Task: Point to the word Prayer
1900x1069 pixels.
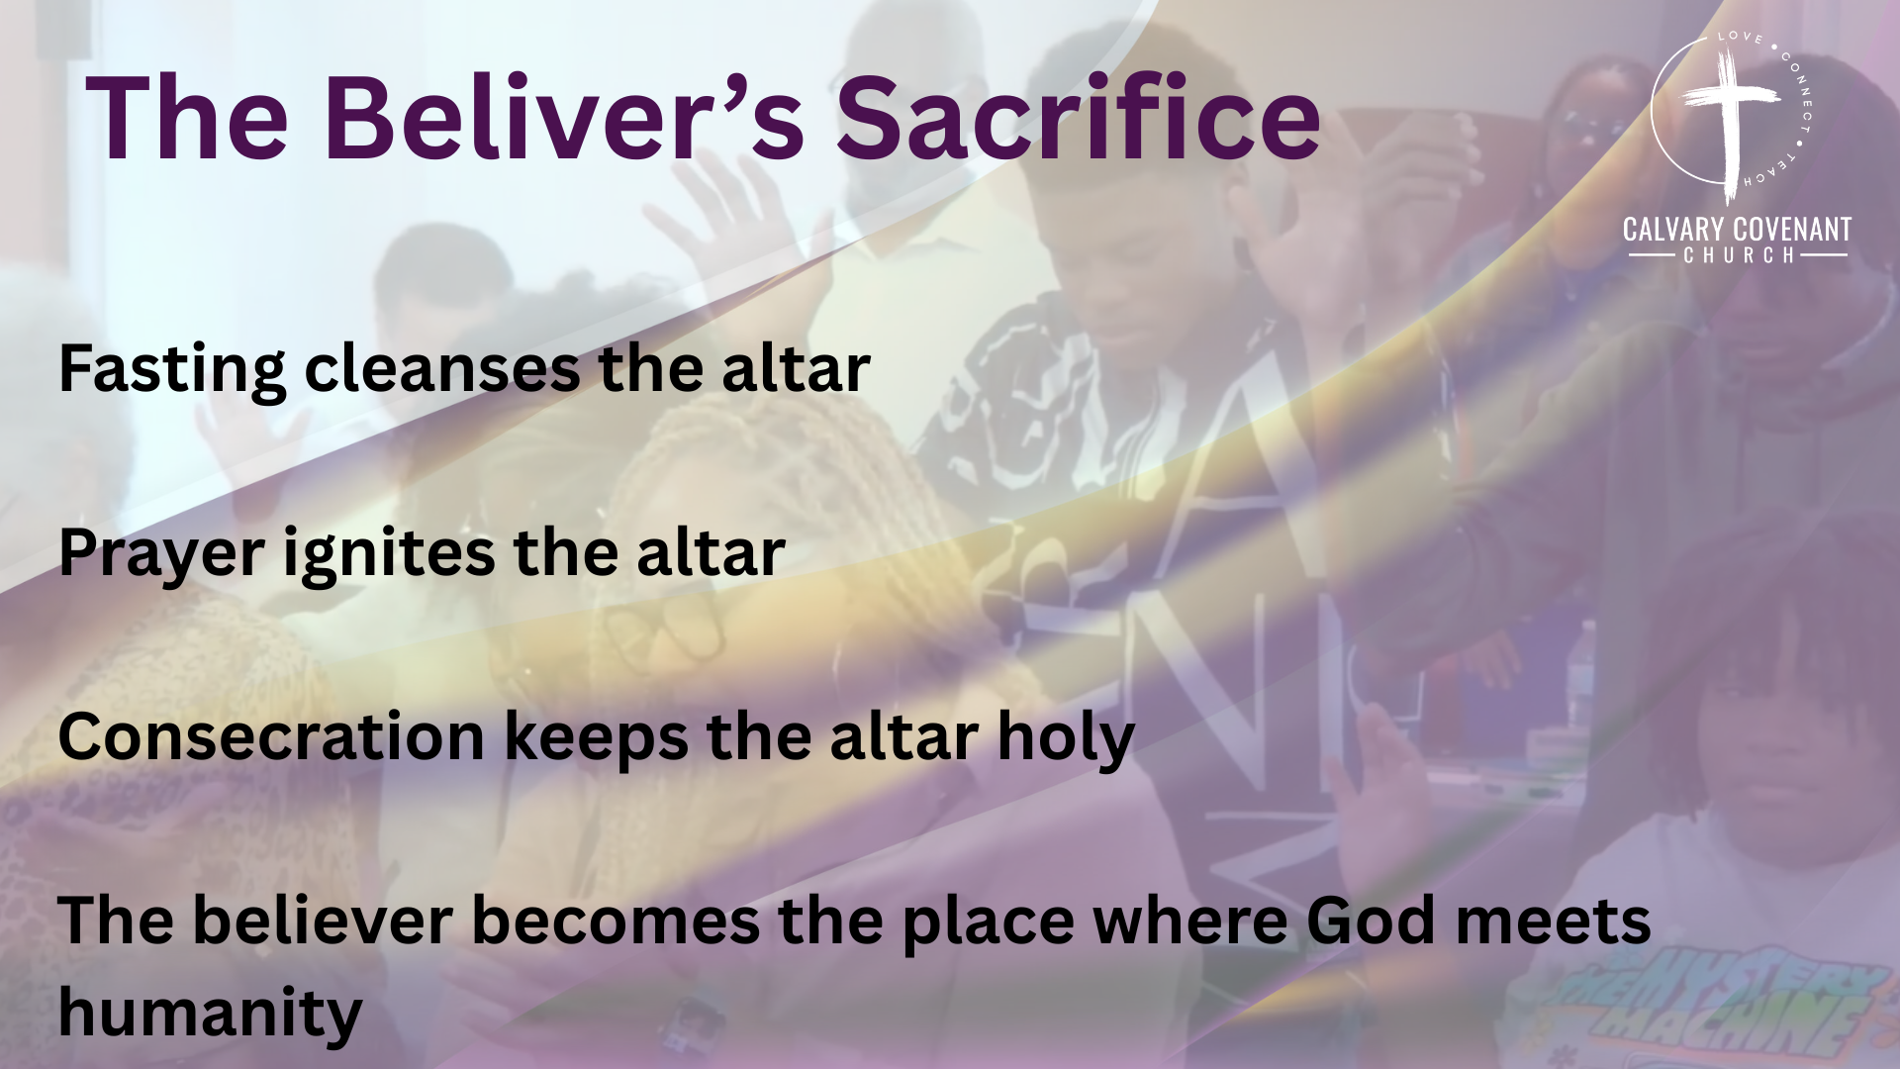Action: point(161,554)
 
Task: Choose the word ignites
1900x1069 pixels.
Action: point(389,554)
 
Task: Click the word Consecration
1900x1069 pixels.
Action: point(271,737)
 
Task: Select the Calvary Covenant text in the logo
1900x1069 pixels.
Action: point(1737,230)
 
